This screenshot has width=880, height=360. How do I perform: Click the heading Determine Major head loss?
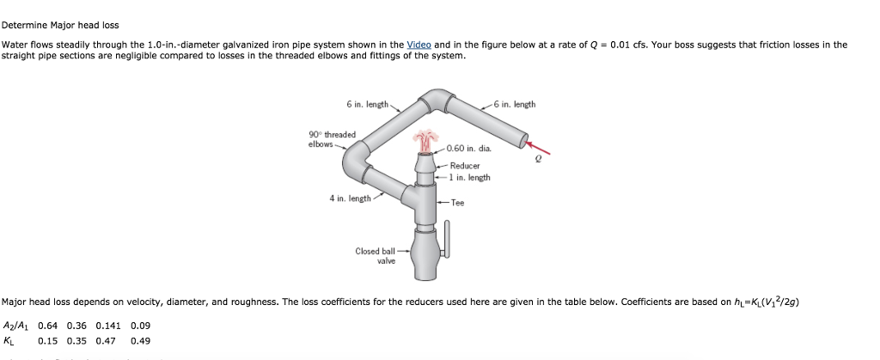click(x=60, y=25)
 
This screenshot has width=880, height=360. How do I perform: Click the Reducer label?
click(x=464, y=166)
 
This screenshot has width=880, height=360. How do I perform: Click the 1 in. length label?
click(x=469, y=178)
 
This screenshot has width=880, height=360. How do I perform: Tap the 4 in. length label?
click(x=350, y=198)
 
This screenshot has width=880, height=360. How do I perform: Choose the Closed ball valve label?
click(x=376, y=256)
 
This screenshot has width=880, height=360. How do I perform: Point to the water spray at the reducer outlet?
click(x=425, y=140)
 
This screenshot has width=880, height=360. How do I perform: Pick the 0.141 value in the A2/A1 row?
click(x=107, y=326)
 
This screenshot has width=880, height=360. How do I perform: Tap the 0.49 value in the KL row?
click(x=140, y=341)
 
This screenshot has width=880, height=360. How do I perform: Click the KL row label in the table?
click(x=9, y=341)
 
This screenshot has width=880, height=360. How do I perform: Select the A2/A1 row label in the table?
click(x=15, y=326)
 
